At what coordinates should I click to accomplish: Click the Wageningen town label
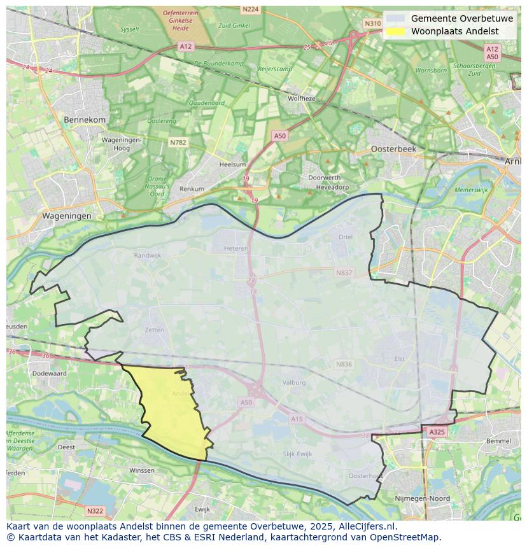[x=67, y=216]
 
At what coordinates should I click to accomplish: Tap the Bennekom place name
[x=85, y=120]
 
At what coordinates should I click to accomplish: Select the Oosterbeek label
[x=393, y=148]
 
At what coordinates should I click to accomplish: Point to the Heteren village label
[x=235, y=249]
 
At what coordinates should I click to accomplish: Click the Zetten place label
[x=155, y=330]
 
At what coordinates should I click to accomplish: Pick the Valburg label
[x=294, y=383]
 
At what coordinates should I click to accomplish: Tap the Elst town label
[x=400, y=358]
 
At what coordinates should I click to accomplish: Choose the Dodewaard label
[x=50, y=374]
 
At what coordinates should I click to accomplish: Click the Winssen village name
[x=141, y=470]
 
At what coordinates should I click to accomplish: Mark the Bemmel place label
[x=498, y=440]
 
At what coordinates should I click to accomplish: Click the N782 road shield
[x=178, y=143]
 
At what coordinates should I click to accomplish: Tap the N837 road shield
[x=344, y=272]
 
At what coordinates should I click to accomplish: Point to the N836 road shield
[x=344, y=364]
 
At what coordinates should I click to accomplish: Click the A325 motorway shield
[x=437, y=432]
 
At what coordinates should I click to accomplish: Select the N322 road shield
[x=95, y=510]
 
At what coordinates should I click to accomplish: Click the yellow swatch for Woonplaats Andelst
[x=395, y=31]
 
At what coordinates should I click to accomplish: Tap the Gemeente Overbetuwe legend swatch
[x=395, y=18]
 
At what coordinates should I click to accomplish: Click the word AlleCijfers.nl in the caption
[x=365, y=526]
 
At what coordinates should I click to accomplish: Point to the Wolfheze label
[x=302, y=99]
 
